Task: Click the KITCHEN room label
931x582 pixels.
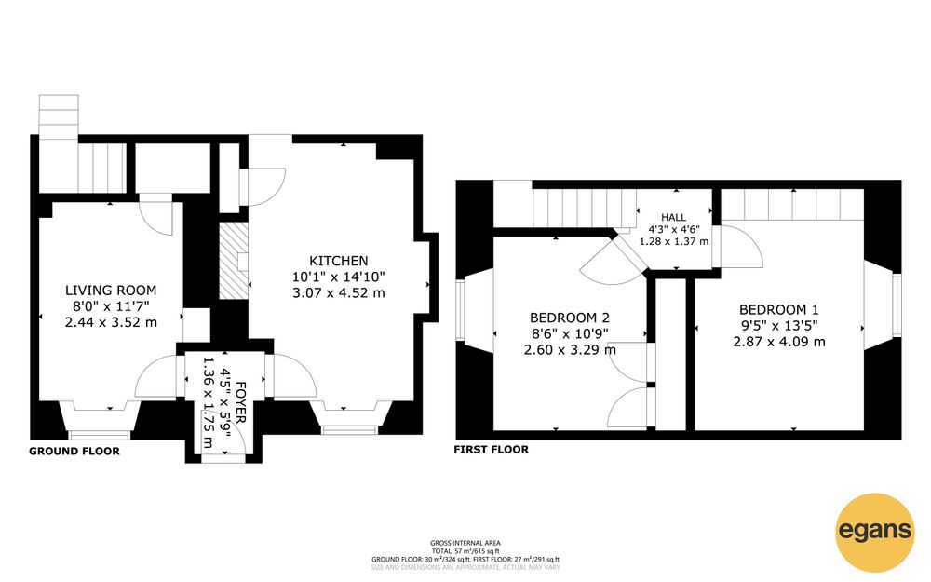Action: point(339,261)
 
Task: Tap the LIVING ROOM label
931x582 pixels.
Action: point(111,291)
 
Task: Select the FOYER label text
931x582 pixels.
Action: point(240,402)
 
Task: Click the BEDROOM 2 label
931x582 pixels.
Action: point(570,318)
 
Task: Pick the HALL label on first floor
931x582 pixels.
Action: point(673,217)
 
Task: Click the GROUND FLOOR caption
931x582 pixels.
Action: point(74,452)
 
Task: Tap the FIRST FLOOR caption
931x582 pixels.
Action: point(491,450)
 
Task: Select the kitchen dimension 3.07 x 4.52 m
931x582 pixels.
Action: point(339,292)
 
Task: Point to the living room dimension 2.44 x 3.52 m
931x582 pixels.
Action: point(111,322)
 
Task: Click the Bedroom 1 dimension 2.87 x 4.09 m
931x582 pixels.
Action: point(779,342)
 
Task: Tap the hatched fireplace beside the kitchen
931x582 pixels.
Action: point(234,261)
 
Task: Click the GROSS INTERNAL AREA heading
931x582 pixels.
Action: point(465,543)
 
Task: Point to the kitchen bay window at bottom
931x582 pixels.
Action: point(350,418)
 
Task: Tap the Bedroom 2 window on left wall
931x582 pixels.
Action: point(460,310)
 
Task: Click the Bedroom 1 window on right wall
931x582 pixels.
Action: point(897,305)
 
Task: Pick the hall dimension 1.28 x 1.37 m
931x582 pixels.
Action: point(673,242)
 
